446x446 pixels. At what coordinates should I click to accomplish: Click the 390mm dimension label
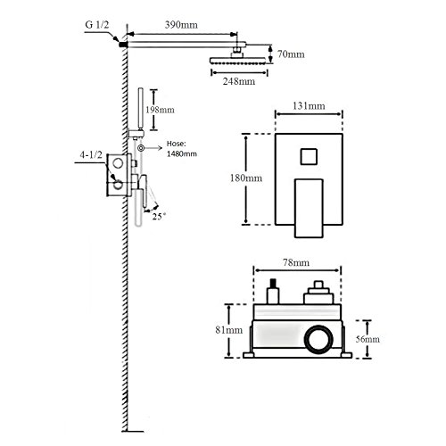[x=181, y=25]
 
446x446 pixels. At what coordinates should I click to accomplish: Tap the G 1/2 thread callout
[x=97, y=24]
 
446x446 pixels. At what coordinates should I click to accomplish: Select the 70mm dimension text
[x=291, y=54]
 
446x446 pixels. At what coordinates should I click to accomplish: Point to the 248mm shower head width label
[x=239, y=81]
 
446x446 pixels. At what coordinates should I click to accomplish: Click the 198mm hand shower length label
[x=160, y=110]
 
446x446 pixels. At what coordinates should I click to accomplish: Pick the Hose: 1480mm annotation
[x=181, y=149]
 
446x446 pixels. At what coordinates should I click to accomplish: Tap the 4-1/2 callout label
[x=91, y=154]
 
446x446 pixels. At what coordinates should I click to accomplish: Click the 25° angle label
[x=159, y=216]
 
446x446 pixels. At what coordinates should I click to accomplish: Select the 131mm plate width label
[x=309, y=106]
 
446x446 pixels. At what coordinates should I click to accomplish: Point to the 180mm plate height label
[x=246, y=178]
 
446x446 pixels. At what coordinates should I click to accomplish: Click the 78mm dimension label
[x=295, y=262]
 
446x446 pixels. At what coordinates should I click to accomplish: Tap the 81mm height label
[x=229, y=330]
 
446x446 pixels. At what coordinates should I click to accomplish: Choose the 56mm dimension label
[x=368, y=339]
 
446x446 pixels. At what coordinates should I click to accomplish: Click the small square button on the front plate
[x=309, y=156]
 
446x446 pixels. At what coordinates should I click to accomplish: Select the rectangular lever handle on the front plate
[x=309, y=208]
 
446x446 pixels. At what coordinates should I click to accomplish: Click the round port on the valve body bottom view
[x=318, y=339]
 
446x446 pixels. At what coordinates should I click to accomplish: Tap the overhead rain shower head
[x=237, y=61]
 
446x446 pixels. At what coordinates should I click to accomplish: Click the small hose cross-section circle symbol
[x=141, y=148]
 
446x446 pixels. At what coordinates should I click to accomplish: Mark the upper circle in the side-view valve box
[x=118, y=163]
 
